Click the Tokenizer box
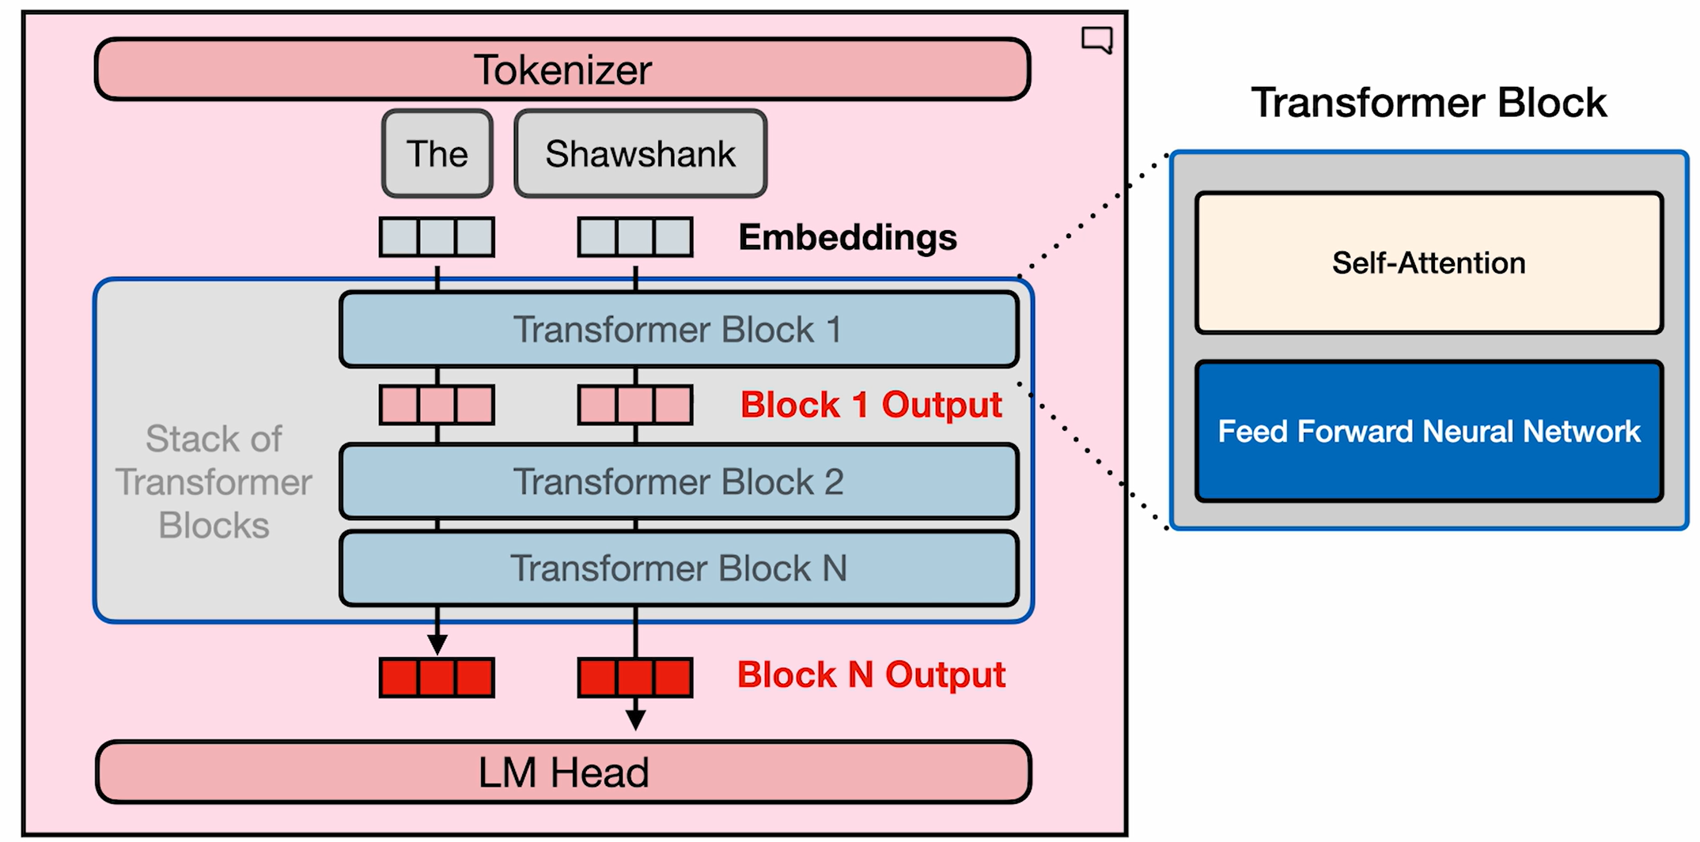(562, 70)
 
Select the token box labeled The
(437, 153)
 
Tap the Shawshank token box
(640, 153)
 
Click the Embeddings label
(847, 237)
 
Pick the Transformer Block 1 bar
(678, 329)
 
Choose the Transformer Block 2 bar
(678, 481)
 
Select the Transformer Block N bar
(678, 568)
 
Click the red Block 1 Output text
(871, 405)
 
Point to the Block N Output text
(871, 675)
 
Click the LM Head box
(563, 772)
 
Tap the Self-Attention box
(1429, 262)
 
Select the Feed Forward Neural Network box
(1429, 432)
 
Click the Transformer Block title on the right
(1429, 103)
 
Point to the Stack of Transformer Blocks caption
(214, 482)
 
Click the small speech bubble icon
(1097, 39)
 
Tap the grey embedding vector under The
(437, 237)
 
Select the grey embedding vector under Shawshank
(635, 237)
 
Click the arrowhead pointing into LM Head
(635, 719)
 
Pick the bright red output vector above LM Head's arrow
(635, 678)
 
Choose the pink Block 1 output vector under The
(437, 405)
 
